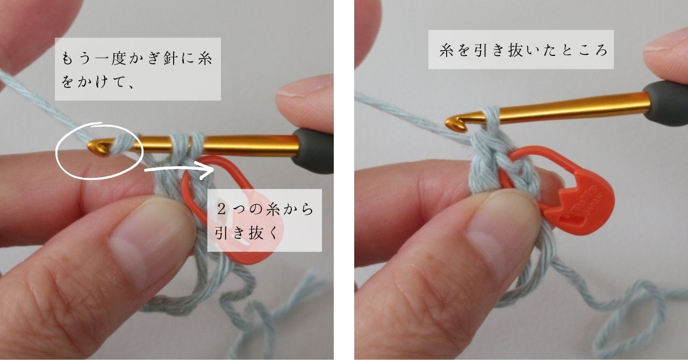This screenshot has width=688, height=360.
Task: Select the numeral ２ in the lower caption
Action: point(222,210)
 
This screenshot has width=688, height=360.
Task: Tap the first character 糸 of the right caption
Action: point(447,50)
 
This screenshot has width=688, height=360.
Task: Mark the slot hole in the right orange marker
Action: point(571,219)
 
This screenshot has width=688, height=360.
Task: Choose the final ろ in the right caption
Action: point(600,50)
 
